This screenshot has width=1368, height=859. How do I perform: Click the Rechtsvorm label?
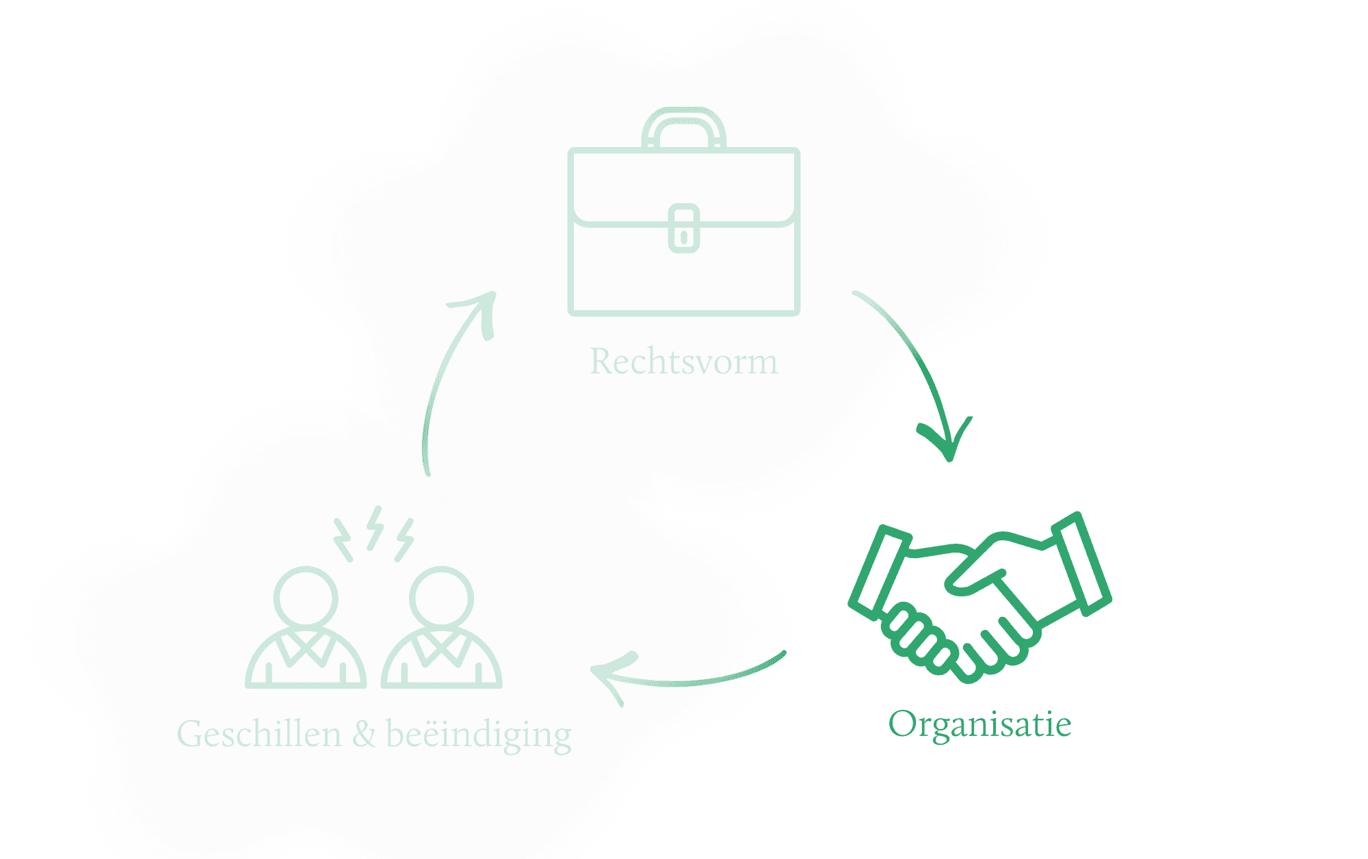click(683, 361)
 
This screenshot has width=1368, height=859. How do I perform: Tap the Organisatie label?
click(979, 724)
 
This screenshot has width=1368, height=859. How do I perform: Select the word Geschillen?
click(259, 734)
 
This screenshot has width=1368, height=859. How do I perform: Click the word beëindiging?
click(479, 735)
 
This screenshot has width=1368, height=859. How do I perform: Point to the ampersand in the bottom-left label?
click(364, 734)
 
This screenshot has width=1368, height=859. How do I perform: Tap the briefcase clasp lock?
click(684, 228)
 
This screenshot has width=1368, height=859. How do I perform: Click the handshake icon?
click(979, 598)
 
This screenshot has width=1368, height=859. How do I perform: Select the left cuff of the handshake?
click(879, 570)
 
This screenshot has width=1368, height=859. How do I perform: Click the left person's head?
click(306, 597)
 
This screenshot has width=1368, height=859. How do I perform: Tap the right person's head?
click(441, 597)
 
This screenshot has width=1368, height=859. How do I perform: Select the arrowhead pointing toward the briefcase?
click(479, 308)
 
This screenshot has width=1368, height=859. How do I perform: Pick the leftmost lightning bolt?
click(343, 540)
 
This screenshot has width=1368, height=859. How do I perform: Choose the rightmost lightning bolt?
click(405, 540)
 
